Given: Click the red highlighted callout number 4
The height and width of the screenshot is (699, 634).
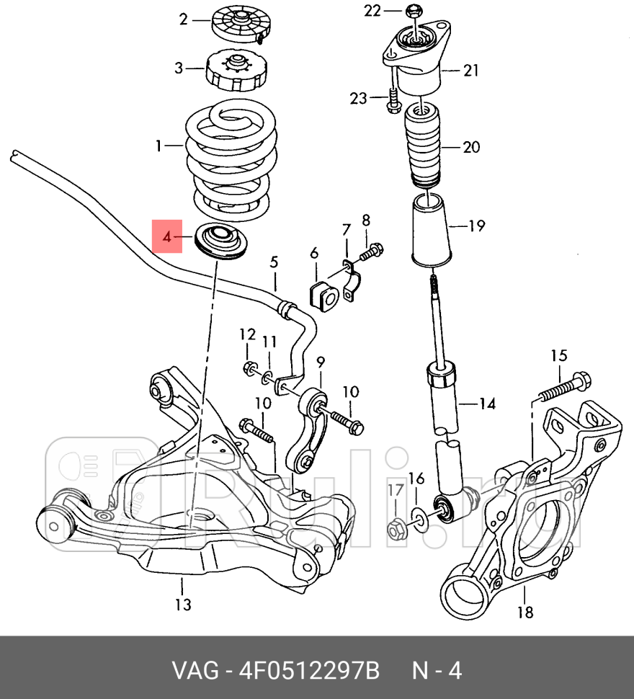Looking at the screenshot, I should click(x=166, y=235).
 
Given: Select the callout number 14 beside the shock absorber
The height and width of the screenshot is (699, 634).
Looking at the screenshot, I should click(x=488, y=404).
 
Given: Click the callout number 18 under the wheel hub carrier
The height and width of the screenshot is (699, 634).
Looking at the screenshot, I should click(x=525, y=613).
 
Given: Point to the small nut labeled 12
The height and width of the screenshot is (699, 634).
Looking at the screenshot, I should click(x=249, y=368).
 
